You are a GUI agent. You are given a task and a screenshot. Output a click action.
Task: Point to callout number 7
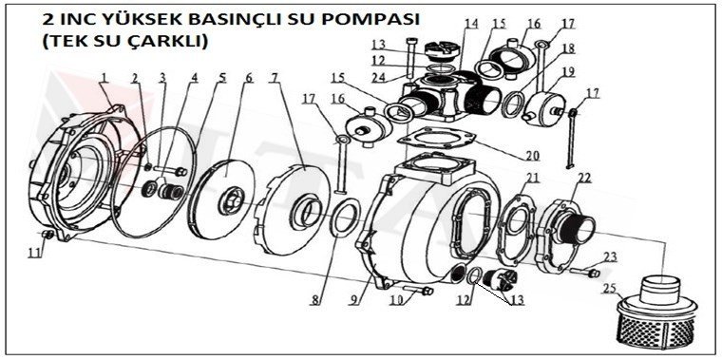(275, 77)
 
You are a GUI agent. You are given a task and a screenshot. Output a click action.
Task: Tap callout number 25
(609, 287)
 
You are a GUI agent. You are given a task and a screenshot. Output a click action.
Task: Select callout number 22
(584, 178)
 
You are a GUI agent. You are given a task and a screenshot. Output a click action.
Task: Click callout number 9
(356, 301)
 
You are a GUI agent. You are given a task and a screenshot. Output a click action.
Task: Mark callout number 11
(33, 252)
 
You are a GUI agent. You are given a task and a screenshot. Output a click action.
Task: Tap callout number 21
(533, 178)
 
